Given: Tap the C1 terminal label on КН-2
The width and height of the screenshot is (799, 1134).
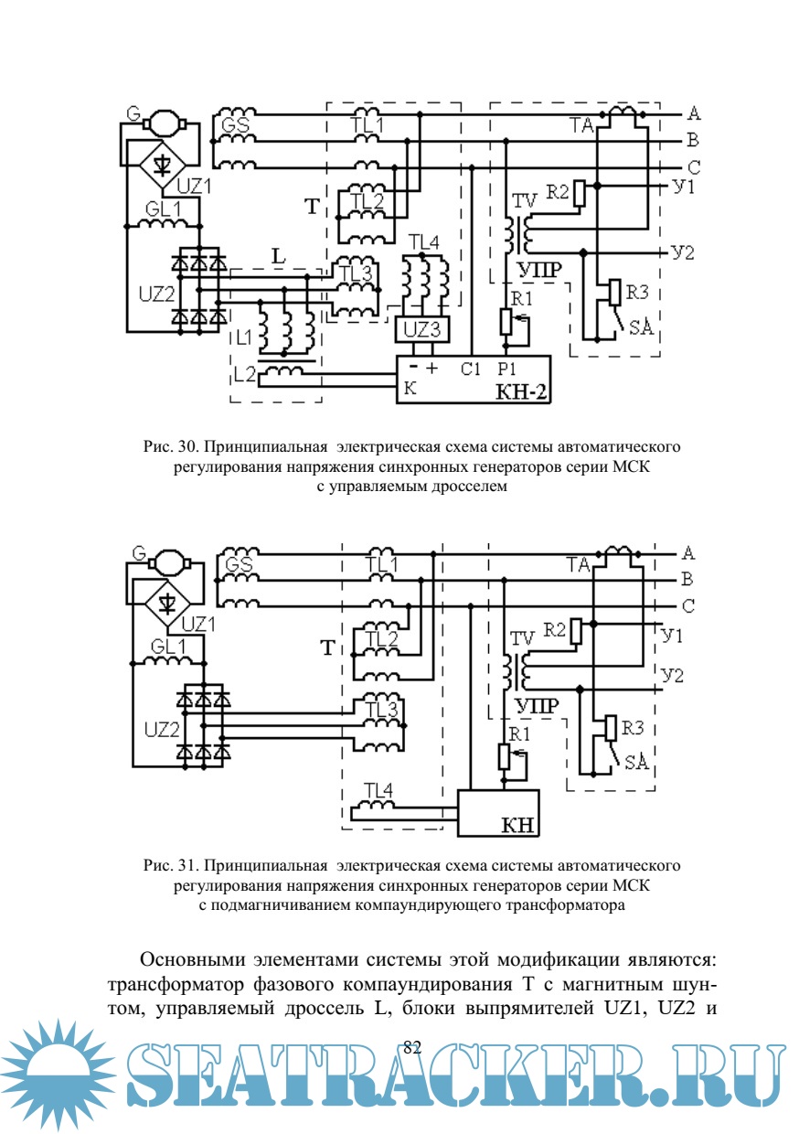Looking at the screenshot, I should pos(471,369).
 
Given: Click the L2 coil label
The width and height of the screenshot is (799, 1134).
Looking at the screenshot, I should pos(244,373).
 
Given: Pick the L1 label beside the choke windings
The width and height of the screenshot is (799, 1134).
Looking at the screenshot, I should pos(244,337).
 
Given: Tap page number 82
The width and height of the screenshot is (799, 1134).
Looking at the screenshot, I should pos(411,1047).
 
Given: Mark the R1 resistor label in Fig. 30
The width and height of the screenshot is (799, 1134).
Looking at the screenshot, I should pos(520,299).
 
